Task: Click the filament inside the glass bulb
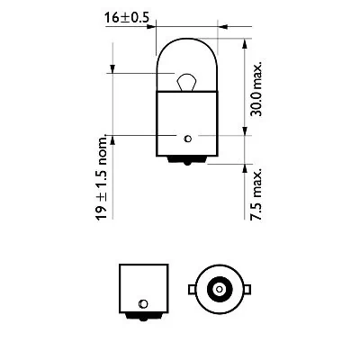click(186, 83)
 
